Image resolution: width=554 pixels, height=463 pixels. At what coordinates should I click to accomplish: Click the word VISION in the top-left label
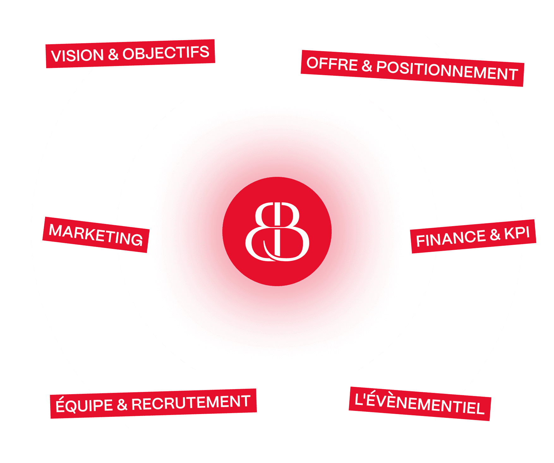point(77,56)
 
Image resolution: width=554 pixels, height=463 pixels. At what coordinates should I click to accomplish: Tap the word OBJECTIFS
point(166,53)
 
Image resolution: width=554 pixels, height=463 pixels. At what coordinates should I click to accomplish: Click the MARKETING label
point(96,235)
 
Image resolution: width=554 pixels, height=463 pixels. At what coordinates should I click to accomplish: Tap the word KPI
point(517,233)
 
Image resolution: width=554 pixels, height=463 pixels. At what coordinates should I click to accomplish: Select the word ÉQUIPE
point(84,405)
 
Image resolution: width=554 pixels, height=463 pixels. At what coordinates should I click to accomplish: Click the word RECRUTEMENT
point(191,403)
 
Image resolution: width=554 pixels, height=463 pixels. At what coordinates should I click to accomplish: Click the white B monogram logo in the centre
point(277,231)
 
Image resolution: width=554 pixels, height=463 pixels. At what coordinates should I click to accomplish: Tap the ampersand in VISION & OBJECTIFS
point(113,54)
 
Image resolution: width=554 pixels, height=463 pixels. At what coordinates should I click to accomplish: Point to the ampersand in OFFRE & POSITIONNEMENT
point(367,66)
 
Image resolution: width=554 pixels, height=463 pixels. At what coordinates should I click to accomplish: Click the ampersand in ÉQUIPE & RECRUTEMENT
point(122,405)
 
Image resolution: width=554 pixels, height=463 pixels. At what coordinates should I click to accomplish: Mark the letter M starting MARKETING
point(56,230)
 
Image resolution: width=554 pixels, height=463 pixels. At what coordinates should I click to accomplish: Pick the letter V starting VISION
point(56,56)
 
